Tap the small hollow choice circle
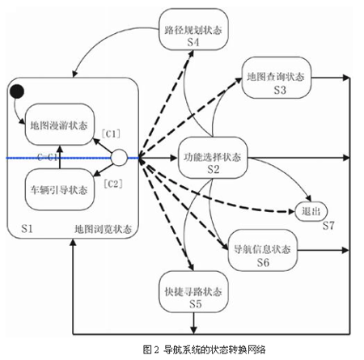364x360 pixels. coord(119,158)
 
